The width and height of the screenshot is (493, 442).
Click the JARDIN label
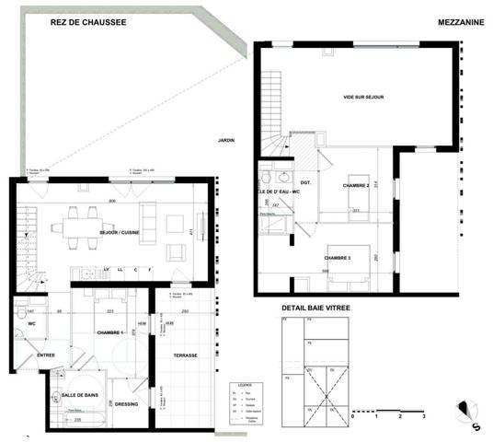click(226, 140)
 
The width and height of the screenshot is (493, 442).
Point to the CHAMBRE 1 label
click(110, 331)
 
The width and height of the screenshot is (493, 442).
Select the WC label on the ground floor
click(30, 324)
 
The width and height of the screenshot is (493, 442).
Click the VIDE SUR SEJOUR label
click(362, 97)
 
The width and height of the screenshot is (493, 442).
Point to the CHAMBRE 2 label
click(356, 186)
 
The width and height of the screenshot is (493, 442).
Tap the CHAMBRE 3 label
click(342, 258)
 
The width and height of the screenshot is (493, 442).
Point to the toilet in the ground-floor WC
click(19, 314)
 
